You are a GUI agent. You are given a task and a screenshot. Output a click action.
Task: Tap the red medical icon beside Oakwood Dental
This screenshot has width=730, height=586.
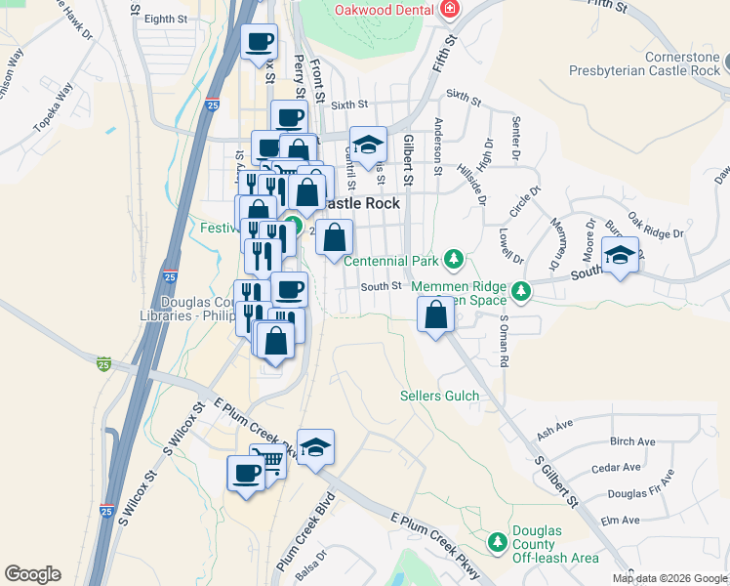tap(450, 10)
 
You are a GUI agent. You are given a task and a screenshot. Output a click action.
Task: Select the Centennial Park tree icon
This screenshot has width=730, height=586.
tap(453, 260)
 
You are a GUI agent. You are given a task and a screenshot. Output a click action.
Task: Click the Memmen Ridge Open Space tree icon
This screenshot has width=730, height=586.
tap(522, 290)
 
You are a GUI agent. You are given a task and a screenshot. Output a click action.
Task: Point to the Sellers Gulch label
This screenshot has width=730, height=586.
tap(440, 396)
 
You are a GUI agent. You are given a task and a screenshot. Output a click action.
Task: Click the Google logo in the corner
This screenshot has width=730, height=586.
tap(32, 574)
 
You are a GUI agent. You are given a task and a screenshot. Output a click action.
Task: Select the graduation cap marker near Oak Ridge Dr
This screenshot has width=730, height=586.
tap(621, 256)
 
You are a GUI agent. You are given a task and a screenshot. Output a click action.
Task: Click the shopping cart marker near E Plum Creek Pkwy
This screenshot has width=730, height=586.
tap(268, 461)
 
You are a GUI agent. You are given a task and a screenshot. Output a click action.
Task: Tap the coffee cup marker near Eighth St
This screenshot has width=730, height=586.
tap(259, 42)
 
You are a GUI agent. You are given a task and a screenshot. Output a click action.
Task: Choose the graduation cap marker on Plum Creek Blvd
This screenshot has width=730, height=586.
tap(315, 447)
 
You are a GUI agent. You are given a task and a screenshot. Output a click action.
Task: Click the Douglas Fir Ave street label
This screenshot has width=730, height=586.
tap(639, 486)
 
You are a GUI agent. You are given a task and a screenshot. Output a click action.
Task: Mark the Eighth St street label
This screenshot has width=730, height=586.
tap(164, 19)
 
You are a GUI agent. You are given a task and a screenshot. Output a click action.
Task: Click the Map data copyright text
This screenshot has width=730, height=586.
tap(669, 578)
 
